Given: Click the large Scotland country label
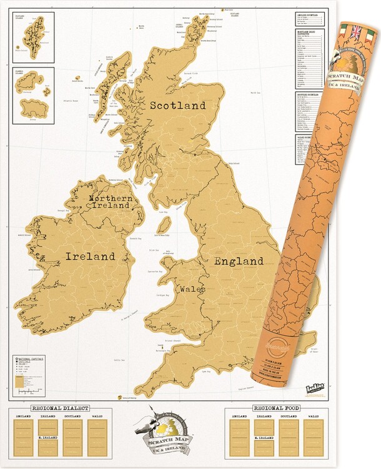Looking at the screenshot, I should tap(177, 106).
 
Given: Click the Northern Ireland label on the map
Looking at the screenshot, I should tap(110, 201).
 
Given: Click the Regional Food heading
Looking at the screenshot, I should tap(276, 408).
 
